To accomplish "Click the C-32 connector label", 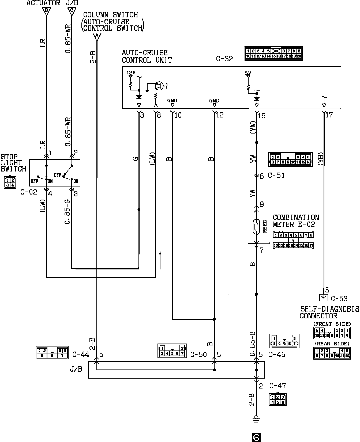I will pos(224,59).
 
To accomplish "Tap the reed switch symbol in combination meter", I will pos(256,227).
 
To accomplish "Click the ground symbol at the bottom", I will pos(256,418).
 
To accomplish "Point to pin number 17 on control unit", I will pos(329,115).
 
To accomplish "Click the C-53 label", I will pos(339,299).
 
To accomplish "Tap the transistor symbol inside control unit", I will pos(159,86).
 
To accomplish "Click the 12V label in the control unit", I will pos(131,73).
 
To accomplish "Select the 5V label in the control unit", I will pos(248,73).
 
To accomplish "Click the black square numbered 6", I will pos(256,437).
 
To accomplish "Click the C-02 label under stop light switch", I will pos(29,192).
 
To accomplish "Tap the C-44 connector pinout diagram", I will pos(52,352).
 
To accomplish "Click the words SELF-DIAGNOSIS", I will pos(329,309).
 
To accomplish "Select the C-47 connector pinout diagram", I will pos(277,399).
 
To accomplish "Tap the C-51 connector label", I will pos(276,176).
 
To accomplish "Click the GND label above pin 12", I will pos(214,101).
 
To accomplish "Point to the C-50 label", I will pos(198,355).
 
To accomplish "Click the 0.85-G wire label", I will pos(68,212).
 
